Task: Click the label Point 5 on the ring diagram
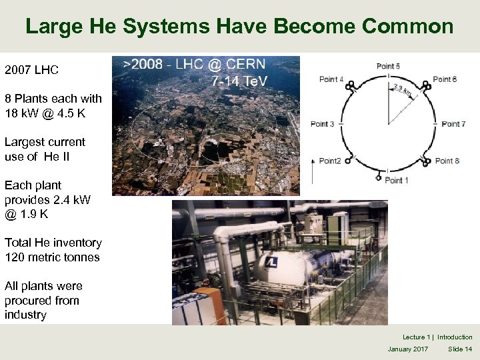click(388, 66)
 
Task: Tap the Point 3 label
click(322, 124)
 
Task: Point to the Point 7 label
click(453, 124)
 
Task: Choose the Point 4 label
click(331, 79)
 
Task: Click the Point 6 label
click(445, 79)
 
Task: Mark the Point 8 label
click(447, 161)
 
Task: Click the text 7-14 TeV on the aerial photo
click(238, 81)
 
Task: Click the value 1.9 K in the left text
click(35, 214)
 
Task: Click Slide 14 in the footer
click(460, 349)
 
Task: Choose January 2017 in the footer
click(408, 349)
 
